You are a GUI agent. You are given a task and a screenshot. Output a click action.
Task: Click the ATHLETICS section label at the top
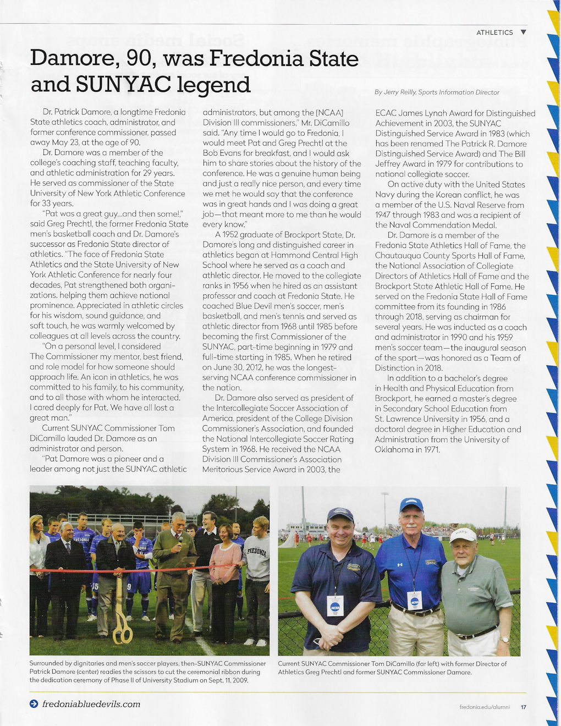pyautogui.click(x=494, y=32)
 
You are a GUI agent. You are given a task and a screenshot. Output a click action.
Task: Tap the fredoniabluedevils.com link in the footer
pyautogui.click(x=91, y=704)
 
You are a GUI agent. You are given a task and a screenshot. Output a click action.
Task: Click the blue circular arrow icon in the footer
pyautogui.click(x=34, y=704)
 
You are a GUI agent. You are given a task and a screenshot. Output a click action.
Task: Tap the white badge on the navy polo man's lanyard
pyautogui.click(x=335, y=606)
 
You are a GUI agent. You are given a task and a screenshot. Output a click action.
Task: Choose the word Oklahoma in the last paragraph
pyautogui.click(x=394, y=449)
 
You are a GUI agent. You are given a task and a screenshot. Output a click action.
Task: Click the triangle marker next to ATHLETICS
pyautogui.click(x=523, y=32)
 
